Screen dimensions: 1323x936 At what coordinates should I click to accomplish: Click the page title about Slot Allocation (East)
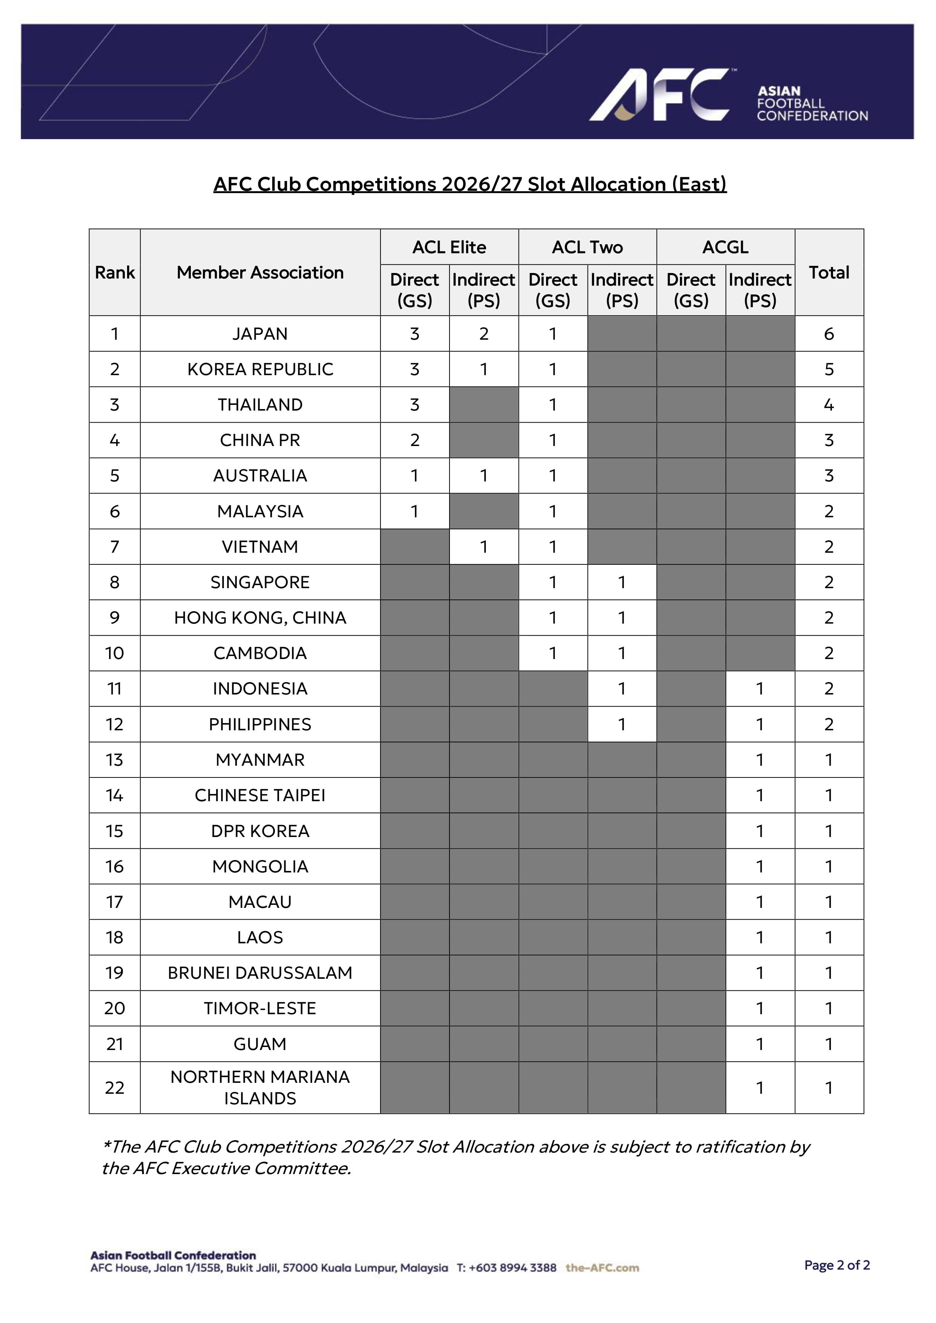[x=470, y=184]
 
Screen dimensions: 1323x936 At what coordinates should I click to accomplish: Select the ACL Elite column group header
[x=449, y=247]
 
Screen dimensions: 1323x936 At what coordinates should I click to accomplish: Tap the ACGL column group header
[x=725, y=247]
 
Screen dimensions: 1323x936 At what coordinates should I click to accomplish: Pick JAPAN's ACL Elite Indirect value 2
[x=483, y=334]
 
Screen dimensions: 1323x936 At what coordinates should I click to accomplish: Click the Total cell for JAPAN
[x=829, y=334]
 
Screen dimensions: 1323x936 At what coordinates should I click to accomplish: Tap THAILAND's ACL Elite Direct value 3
[x=414, y=405]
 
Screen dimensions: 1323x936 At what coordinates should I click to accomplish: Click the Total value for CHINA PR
[x=829, y=440]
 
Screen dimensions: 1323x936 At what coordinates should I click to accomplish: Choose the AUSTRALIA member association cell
[x=260, y=475]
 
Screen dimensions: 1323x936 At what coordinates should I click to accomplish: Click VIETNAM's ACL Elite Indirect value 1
[x=483, y=546]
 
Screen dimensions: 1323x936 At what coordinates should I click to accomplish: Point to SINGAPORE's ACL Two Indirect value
[x=621, y=582]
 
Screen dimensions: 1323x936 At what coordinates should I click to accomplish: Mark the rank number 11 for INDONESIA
[x=114, y=688]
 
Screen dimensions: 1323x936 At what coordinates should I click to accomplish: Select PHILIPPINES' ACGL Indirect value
[x=760, y=724]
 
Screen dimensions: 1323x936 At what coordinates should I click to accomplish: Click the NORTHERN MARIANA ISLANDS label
[x=260, y=1087]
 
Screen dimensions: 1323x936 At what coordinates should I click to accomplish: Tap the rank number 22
[x=114, y=1087]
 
